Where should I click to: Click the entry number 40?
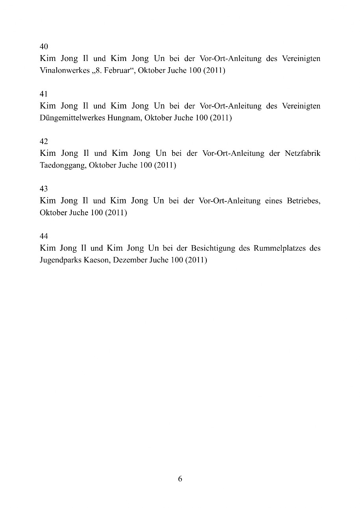[44, 47]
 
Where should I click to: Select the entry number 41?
[44, 94]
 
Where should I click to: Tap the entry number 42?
[44, 141]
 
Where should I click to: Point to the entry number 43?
[44, 189]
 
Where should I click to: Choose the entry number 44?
[44, 236]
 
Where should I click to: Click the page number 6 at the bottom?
[180, 479]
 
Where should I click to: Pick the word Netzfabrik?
[302, 153]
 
